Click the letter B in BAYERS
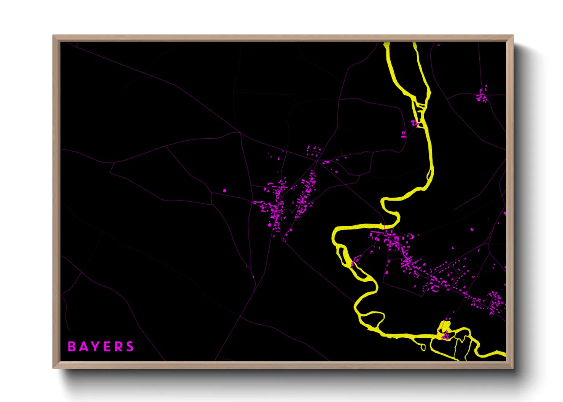(72, 347)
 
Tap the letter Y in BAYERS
(95, 347)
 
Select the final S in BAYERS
(130, 347)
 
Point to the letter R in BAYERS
(119, 347)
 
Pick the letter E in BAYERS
(108, 347)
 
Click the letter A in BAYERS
(83, 347)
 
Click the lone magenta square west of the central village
(224, 191)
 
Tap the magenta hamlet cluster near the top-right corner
(482, 95)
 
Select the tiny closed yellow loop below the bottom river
(422, 347)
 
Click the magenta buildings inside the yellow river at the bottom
(445, 336)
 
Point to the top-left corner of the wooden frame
(53, 36)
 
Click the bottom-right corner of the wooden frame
(513, 368)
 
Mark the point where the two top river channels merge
(420, 114)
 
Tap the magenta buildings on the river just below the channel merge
(415, 123)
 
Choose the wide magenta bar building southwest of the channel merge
(404, 134)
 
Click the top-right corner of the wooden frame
(513, 36)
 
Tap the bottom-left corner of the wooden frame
(53, 368)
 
